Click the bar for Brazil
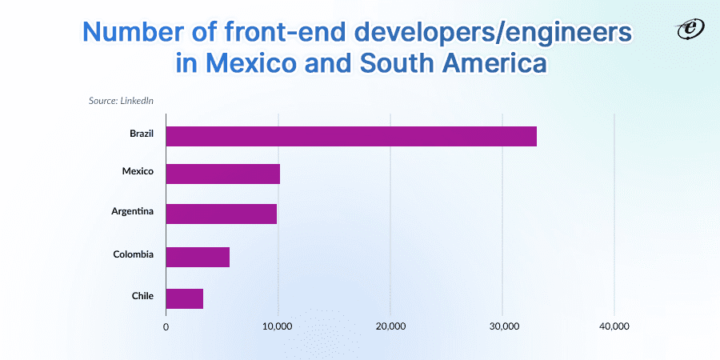(351, 136)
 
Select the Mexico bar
(222, 174)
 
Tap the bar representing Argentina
(221, 214)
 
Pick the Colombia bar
(198, 257)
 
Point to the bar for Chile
(184, 298)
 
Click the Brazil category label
(142, 133)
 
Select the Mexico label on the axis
(138, 171)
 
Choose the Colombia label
(134, 254)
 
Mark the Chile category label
(142, 296)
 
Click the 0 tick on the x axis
(166, 326)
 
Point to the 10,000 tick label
(278, 326)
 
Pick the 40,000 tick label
(614, 326)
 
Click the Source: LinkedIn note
(121, 101)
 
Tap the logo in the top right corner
(686, 30)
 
